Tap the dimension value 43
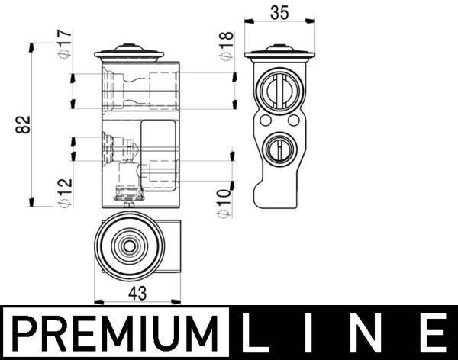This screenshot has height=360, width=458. point(137,292)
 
